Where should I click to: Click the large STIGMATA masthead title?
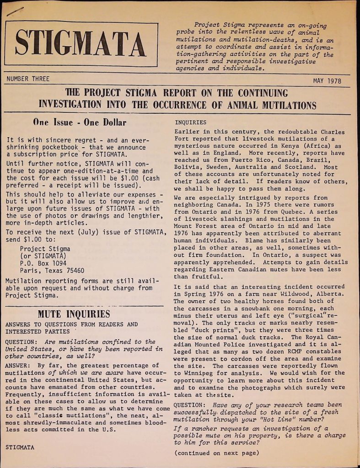point(81,45)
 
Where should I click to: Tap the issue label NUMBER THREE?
point(28,79)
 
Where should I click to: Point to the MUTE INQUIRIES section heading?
point(74,314)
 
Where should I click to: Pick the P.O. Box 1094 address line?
point(43,263)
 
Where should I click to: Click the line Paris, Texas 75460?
point(52,271)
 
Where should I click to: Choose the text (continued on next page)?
point(217,453)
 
